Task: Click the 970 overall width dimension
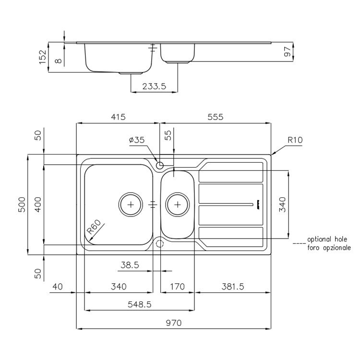click(174, 323)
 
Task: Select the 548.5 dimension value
click(140, 304)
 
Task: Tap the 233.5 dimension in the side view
click(154, 86)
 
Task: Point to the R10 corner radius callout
click(295, 140)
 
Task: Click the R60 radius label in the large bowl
click(94, 227)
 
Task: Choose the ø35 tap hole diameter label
click(137, 140)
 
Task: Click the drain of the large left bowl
click(131, 204)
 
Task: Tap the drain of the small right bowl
click(178, 204)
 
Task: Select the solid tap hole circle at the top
click(159, 165)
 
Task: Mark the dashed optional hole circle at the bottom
click(159, 243)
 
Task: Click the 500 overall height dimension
click(22, 204)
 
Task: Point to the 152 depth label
click(43, 57)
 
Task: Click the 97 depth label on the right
click(288, 52)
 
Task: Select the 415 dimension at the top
click(118, 117)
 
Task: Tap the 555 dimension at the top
click(216, 117)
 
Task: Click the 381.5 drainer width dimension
click(233, 287)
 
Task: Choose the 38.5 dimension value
click(130, 265)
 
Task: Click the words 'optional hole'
click(327, 239)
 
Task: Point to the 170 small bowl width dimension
click(178, 287)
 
